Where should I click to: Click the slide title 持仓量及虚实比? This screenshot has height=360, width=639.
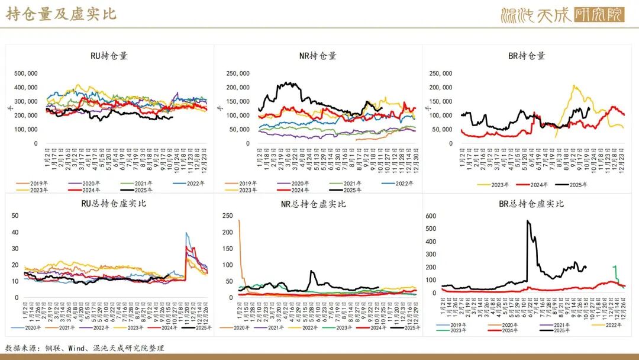click(x=62, y=14)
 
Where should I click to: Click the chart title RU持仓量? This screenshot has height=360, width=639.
click(x=109, y=56)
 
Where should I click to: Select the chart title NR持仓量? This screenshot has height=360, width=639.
click(x=318, y=56)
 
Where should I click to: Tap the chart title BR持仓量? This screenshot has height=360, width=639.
click(x=527, y=56)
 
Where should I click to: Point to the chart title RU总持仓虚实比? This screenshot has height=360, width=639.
click(x=109, y=204)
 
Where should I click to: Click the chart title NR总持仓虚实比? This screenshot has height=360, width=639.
click(x=318, y=204)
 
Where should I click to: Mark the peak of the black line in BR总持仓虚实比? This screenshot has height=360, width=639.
click(x=527, y=221)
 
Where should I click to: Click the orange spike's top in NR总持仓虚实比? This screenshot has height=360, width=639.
click(x=239, y=221)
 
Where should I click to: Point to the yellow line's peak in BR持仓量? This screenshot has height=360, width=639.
click(x=574, y=86)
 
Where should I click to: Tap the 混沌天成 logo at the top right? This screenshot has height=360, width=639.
click(x=561, y=15)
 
